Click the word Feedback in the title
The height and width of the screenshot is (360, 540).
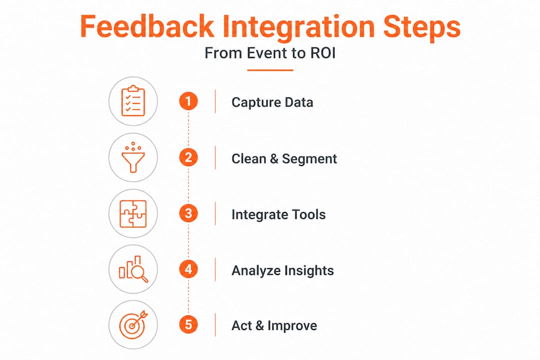146,26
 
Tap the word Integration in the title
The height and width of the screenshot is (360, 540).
298,28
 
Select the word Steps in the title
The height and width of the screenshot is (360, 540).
421,28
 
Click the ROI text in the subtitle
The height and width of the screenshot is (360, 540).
322,53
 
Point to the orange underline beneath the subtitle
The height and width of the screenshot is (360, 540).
270,70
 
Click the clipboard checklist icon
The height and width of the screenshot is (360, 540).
133,101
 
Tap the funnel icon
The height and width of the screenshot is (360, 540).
133,157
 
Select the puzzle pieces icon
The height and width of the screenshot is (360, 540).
133,213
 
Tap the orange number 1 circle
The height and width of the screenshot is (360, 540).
188,101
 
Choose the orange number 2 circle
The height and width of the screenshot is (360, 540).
188,157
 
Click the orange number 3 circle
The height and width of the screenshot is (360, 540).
188,213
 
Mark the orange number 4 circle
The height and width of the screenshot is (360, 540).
188,269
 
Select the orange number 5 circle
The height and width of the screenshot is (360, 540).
188,324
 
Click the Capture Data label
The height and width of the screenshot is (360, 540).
272,102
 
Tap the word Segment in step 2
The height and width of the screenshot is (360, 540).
309,159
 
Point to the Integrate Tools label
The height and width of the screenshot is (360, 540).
278,214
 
